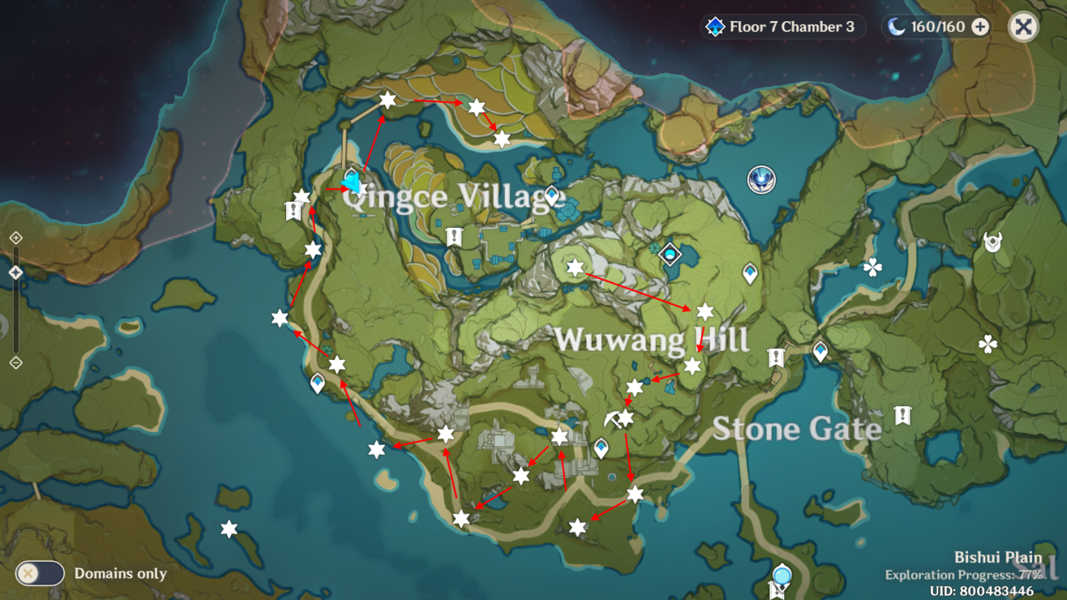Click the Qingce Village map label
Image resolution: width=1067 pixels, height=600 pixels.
(452, 196)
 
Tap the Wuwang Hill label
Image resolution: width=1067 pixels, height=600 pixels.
(652, 340)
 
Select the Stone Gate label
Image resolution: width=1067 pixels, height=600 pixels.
(796, 429)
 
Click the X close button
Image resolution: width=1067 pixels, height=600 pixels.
(1023, 27)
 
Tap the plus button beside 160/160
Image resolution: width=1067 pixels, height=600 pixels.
(980, 27)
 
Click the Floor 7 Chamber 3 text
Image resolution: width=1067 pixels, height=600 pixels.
(791, 27)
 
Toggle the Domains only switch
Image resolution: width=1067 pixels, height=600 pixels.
(40, 573)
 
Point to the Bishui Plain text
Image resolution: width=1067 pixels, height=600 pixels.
(997, 558)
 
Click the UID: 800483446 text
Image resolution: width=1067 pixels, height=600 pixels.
(982, 591)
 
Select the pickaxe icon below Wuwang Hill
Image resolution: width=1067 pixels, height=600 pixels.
(614, 418)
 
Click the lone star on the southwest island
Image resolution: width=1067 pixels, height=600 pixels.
(229, 529)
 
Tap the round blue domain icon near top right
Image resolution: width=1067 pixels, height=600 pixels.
(761, 180)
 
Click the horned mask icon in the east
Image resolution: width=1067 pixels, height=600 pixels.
(992, 242)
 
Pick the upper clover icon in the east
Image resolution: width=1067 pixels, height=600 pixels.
(872, 267)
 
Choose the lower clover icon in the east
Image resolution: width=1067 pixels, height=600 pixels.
(988, 344)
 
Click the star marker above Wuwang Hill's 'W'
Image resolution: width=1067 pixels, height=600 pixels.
(575, 268)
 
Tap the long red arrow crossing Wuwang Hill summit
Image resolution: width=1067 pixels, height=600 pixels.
(638, 292)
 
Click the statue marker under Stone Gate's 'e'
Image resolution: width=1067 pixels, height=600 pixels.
(902, 416)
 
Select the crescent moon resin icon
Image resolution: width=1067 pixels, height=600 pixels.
(896, 27)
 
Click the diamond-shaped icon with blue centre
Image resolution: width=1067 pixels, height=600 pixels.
(670, 255)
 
